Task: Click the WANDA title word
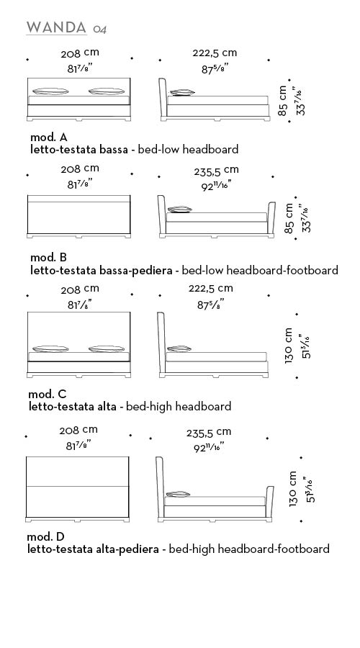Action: pos(56,27)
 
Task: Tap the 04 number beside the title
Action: pos(99,30)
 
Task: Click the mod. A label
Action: pos(49,138)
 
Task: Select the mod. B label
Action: pos(48,258)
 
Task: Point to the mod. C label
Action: pos(47,394)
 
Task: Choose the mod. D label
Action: pos(46,537)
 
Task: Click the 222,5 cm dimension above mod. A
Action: pos(215,53)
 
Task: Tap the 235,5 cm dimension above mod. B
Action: pos(216,171)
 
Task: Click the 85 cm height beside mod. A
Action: pos(282,100)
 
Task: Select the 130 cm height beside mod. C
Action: pos(289,346)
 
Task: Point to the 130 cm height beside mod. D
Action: pos(293,489)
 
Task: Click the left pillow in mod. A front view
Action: pos(50,91)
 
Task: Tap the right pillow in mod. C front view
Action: pos(107,348)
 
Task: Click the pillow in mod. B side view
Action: pos(179,210)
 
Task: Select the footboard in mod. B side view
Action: pos(271,217)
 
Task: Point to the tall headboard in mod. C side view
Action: pos(161,343)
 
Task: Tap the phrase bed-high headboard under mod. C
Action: pos(179,407)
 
